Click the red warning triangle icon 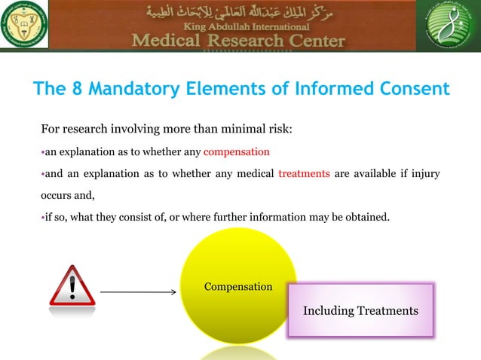pyautogui.click(x=72, y=285)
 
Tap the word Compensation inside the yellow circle pyautogui.click(x=238, y=287)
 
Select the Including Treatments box pyautogui.click(x=360, y=310)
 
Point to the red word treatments pyautogui.click(x=304, y=173)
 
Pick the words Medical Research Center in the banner pyautogui.click(x=238, y=40)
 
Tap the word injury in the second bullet pyautogui.click(x=424, y=173)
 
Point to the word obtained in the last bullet pyautogui.click(x=367, y=218)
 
